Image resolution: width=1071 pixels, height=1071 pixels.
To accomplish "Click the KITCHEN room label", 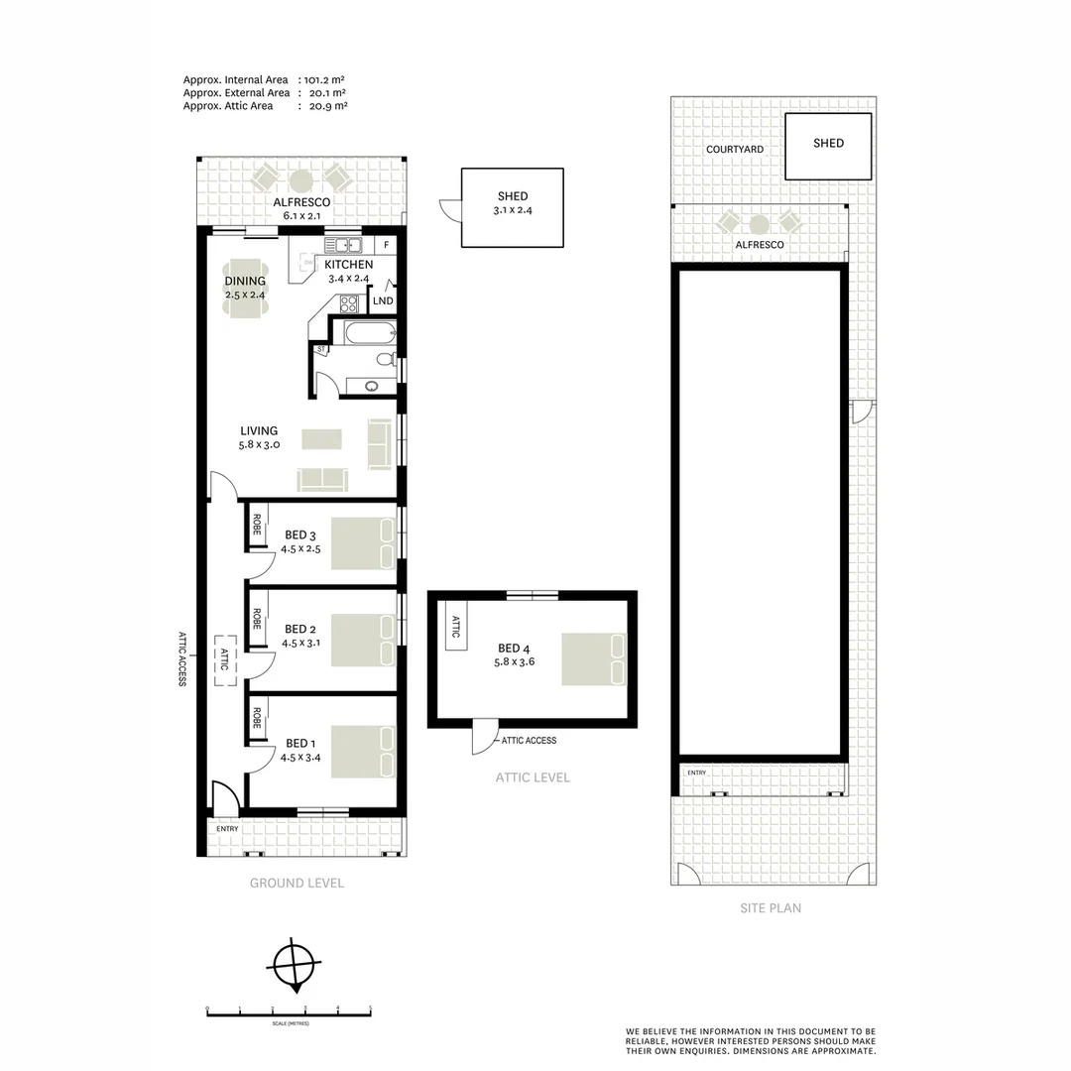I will (x=349, y=265).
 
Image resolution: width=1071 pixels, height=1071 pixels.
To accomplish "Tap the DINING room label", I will (x=245, y=281).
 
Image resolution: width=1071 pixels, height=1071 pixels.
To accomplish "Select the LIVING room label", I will (x=259, y=431).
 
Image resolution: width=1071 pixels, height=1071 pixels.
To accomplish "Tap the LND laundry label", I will (x=383, y=300).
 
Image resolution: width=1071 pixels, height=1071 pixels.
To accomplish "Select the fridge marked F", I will (x=386, y=244).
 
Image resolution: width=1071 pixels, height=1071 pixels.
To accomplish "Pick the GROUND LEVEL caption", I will (x=297, y=883).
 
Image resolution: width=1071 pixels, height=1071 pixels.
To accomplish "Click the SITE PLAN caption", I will (x=771, y=907).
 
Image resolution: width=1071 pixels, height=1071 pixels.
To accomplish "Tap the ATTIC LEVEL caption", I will (x=533, y=777).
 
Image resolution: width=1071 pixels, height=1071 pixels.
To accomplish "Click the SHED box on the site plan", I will (x=828, y=146).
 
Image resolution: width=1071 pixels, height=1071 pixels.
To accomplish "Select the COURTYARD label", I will (x=735, y=150).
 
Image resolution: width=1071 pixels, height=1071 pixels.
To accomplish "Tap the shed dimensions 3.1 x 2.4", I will (x=513, y=211).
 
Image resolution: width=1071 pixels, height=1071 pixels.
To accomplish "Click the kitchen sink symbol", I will (x=343, y=245).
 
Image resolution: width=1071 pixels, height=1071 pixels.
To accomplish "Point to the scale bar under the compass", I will (x=288, y=1011).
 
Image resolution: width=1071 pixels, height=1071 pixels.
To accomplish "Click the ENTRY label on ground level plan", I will (x=228, y=829).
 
